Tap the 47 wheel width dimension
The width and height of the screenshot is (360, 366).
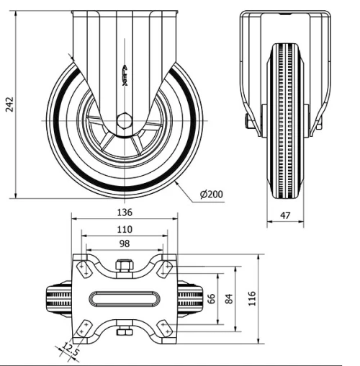tap(285, 215)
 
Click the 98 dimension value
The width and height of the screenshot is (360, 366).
tap(124, 244)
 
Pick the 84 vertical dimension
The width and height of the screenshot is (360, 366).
tap(229, 298)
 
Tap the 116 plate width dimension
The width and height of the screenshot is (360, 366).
tap(252, 298)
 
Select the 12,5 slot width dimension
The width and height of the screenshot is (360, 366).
tap(70, 350)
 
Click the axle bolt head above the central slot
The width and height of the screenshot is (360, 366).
tap(124, 266)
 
